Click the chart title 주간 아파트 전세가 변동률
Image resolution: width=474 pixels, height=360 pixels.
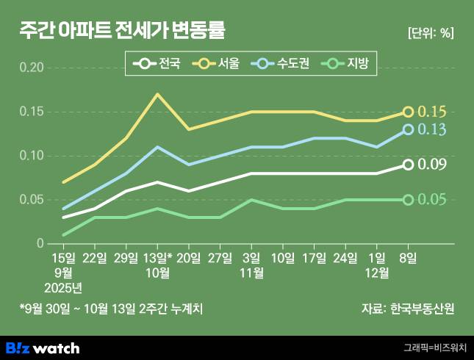coord(122,31)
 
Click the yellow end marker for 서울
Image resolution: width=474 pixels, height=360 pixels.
coord(408,112)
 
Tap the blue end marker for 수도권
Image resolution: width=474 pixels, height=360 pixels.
coord(408,129)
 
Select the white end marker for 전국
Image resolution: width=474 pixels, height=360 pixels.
coord(408,165)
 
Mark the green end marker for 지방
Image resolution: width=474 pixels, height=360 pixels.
coord(408,200)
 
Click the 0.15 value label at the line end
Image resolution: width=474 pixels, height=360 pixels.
coord(432,112)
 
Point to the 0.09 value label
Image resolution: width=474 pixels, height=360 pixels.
coord(432,165)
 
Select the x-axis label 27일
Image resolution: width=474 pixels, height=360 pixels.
coord(220,257)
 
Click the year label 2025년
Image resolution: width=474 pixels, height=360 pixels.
coord(63,287)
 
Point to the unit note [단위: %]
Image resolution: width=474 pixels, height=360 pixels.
coord(430,33)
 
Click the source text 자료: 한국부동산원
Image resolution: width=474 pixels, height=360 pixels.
coord(409,309)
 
